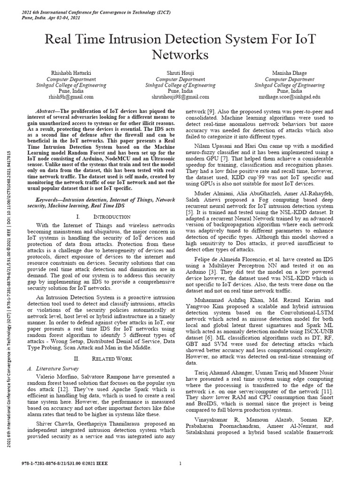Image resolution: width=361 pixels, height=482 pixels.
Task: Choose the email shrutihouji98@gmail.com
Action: [x=180, y=96]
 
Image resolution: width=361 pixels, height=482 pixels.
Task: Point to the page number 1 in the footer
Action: [x=180, y=464]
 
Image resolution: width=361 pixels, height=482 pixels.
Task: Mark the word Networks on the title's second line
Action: [x=180, y=55]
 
